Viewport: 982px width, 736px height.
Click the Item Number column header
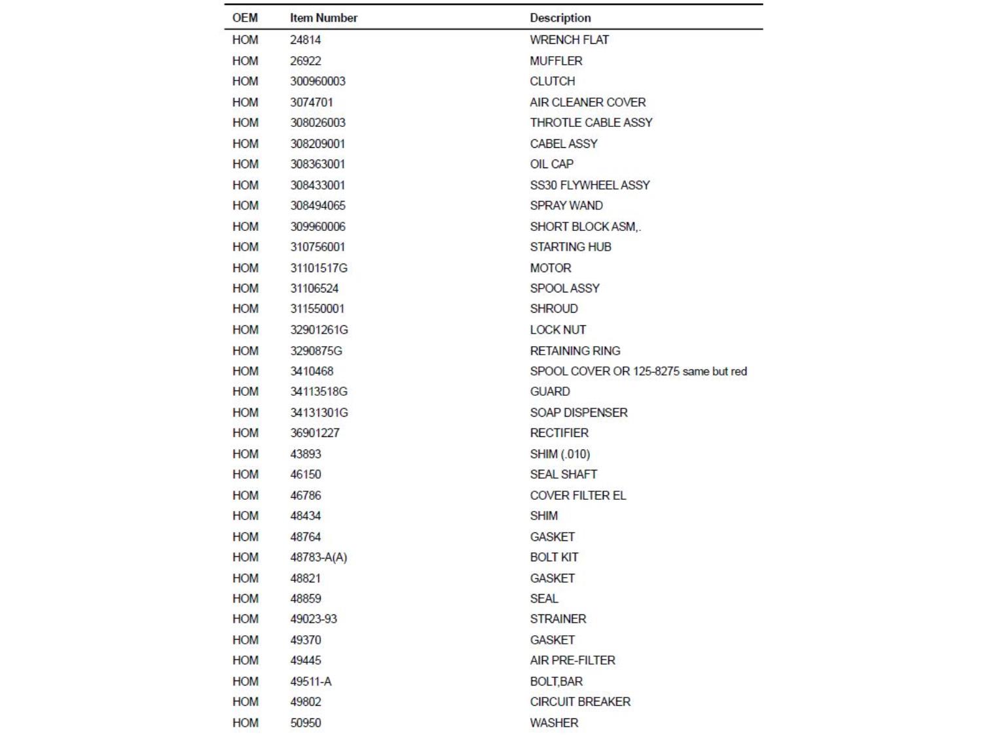click(323, 18)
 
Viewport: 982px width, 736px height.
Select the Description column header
click(560, 18)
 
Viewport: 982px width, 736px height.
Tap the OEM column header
click(245, 18)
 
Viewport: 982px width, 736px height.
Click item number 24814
click(306, 40)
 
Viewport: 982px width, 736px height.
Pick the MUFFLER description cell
click(556, 61)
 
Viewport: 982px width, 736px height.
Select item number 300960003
click(318, 81)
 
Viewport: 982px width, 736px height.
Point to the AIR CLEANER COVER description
click(588, 102)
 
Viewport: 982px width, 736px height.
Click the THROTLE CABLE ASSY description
click(591, 122)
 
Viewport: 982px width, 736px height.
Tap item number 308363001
click(318, 164)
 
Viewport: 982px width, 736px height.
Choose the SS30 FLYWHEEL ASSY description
click(590, 185)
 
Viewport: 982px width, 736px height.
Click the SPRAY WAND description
click(566, 205)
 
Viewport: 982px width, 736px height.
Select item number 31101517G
click(319, 268)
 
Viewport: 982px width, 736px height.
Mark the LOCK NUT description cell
click(558, 330)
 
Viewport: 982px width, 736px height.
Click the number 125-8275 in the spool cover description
click(656, 372)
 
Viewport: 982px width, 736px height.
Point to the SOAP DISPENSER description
click(579, 413)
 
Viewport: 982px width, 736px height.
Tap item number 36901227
click(315, 433)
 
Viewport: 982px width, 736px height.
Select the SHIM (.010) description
click(560, 454)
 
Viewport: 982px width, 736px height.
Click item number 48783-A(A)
click(319, 557)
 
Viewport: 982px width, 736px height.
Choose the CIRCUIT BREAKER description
click(580, 702)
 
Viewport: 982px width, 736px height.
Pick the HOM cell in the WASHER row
click(245, 723)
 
